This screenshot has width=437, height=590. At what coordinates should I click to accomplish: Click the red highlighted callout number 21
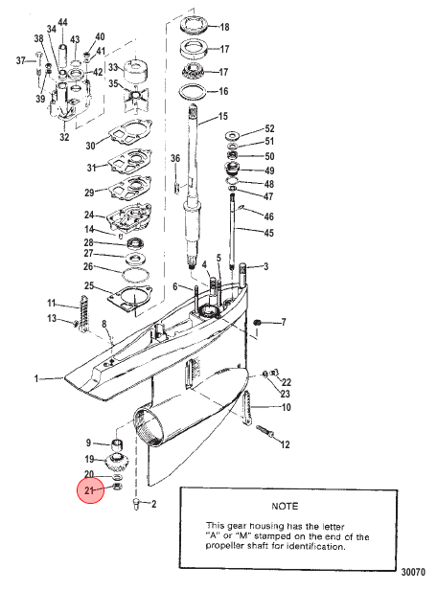point(89,490)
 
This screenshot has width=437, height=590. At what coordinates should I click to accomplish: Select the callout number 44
point(62,23)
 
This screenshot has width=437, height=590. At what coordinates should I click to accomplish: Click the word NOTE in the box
point(285,506)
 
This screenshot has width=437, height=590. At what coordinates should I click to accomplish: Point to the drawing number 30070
point(413,573)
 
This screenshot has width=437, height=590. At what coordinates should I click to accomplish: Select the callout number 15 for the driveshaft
point(223,116)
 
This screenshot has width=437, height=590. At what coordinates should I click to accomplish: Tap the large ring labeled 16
point(193,92)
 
